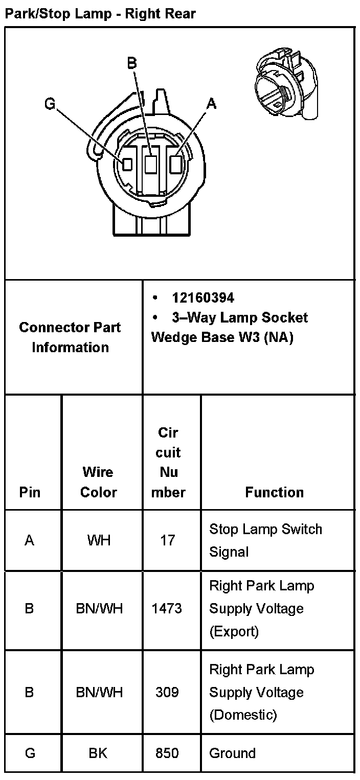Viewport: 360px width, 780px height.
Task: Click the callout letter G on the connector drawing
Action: coord(50,104)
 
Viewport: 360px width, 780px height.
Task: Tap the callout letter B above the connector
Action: coord(132,63)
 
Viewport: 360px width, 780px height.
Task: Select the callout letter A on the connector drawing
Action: coord(211,104)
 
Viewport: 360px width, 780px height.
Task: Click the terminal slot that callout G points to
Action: coord(127,164)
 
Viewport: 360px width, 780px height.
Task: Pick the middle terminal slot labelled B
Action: coord(150,164)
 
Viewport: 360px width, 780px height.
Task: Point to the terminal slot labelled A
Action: coord(175,164)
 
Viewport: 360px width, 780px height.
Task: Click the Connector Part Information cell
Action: coord(71,337)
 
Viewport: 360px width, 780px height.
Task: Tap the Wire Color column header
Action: coord(99,482)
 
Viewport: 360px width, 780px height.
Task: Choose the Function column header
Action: coord(275,492)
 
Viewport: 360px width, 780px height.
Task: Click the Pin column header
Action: coord(30,492)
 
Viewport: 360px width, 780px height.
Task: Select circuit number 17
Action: coord(168,540)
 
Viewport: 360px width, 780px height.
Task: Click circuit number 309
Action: coord(167,692)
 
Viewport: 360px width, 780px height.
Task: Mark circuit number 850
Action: coord(167,753)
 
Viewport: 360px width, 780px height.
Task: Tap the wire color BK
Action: coord(98,753)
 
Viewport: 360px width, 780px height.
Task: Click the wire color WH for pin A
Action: coord(99,540)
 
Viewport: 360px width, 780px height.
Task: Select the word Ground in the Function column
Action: coord(232,753)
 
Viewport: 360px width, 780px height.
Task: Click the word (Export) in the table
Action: coord(234,631)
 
